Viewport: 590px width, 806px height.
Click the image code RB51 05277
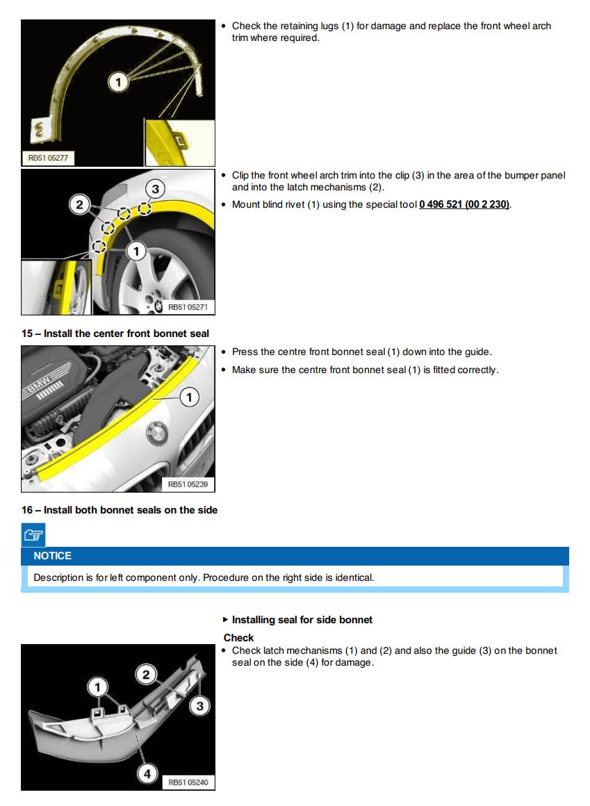[48, 158]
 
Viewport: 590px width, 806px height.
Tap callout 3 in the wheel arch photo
[155, 189]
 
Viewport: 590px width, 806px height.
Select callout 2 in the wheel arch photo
[81, 204]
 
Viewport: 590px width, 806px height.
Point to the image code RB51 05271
[188, 306]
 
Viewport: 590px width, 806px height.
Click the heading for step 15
[115, 334]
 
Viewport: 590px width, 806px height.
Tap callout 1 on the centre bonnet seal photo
[189, 397]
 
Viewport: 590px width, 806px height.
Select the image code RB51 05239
[188, 484]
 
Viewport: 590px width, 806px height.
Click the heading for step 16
[120, 510]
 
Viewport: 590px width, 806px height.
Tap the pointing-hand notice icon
[33, 535]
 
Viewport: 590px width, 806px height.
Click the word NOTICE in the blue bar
[53, 556]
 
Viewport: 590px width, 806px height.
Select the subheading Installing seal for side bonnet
[302, 620]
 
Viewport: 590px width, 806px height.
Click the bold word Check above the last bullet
[238, 638]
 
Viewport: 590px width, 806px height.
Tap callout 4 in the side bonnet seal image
[147, 773]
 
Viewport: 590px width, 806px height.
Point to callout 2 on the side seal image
[147, 674]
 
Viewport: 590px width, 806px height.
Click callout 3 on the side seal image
[200, 707]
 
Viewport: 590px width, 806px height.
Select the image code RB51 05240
[188, 782]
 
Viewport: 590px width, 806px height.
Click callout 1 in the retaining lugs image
[118, 83]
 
